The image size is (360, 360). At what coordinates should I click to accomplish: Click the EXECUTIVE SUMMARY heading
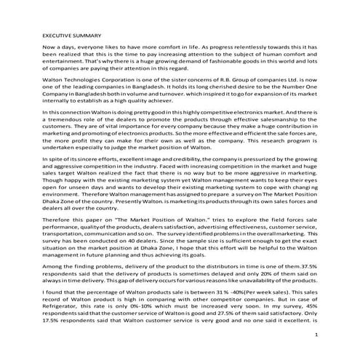tap(71, 34)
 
